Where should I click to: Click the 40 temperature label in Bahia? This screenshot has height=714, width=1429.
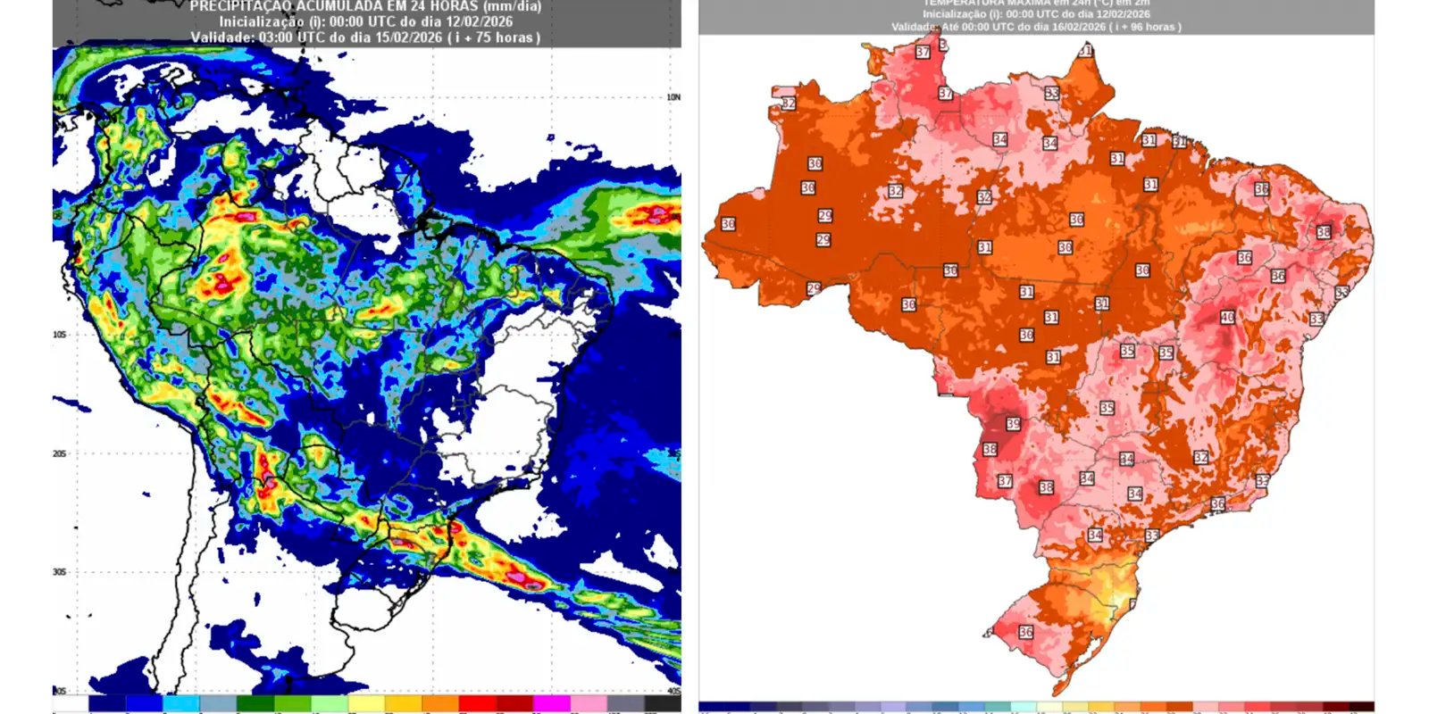pos(1228,318)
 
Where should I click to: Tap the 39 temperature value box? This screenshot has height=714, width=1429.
pos(1013,424)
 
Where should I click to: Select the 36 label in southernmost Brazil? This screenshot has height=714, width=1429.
pos(1025,632)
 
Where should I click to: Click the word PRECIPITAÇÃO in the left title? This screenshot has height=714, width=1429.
pos(240,7)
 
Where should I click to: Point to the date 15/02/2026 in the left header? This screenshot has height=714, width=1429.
pos(394,37)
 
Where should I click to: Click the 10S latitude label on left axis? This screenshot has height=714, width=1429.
pos(59,335)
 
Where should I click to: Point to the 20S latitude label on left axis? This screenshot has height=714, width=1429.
pos(59,453)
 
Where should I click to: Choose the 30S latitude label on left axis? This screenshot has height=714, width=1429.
pos(59,572)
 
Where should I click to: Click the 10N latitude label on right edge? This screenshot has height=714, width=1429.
pos(673,96)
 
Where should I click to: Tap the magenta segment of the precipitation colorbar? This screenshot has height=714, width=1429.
pos(552,704)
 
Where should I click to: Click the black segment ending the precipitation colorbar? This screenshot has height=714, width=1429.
pos(663,704)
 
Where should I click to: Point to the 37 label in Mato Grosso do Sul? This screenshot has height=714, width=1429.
pos(1005,481)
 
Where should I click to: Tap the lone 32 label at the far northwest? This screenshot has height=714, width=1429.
pos(788,104)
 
